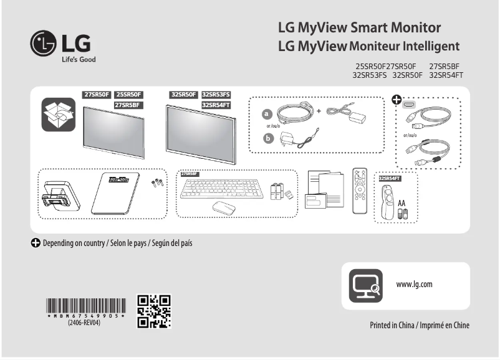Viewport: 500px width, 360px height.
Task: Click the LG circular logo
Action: coord(44,43)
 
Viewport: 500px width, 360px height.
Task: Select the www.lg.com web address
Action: coord(414,285)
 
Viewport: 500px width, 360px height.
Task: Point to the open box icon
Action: coord(58,114)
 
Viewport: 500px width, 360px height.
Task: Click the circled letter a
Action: coord(268,114)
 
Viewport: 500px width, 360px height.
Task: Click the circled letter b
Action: coord(268,138)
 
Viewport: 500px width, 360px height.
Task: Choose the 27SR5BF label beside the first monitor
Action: coord(128,105)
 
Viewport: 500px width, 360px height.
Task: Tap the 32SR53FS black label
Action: coord(215,95)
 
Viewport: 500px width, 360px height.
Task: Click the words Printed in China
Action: coord(390,325)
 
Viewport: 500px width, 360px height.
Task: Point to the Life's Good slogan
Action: coord(78,60)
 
